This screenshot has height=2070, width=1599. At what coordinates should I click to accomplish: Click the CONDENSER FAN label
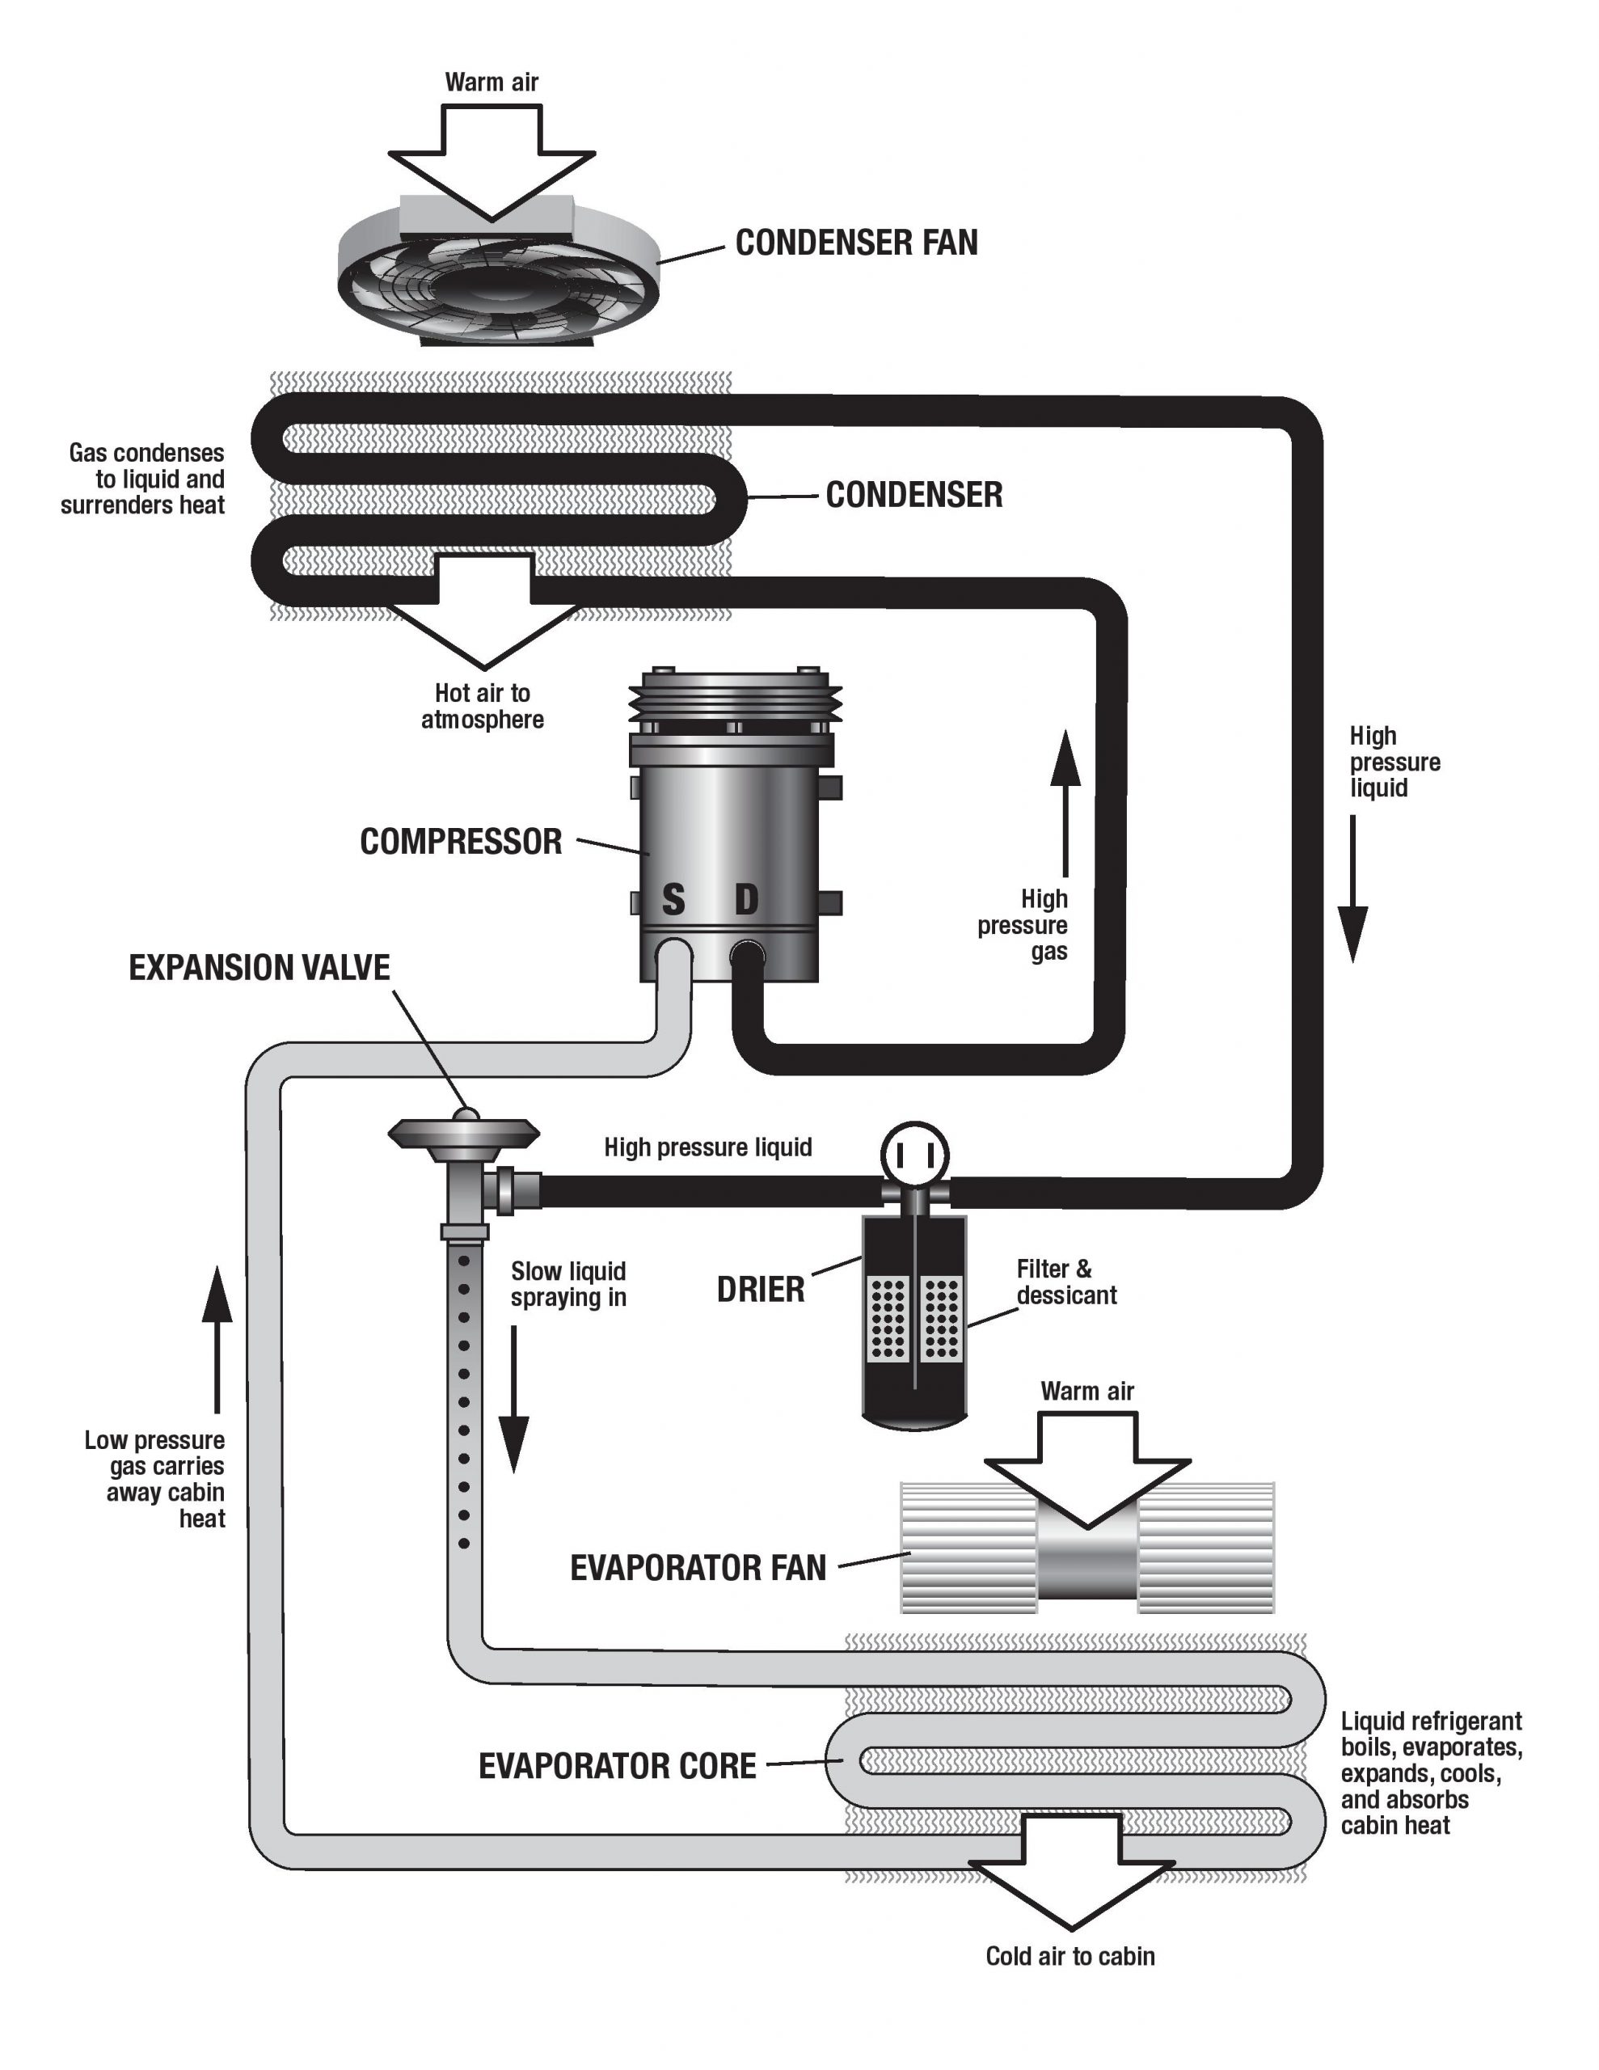click(x=856, y=243)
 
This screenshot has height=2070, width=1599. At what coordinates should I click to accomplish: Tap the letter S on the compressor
click(x=672, y=898)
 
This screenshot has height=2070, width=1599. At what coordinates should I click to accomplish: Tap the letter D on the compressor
click(x=747, y=898)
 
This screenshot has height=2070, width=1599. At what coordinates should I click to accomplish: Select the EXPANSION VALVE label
click(x=259, y=968)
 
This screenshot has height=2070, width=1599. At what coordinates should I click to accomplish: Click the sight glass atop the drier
click(x=913, y=1155)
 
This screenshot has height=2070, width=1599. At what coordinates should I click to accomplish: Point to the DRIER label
click(x=760, y=1290)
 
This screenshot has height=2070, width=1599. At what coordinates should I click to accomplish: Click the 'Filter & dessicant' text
click(x=1065, y=1282)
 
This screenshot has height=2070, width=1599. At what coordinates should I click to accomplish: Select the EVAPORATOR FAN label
click(x=698, y=1568)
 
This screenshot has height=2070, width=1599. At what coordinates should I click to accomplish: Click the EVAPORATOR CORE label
click(x=617, y=1766)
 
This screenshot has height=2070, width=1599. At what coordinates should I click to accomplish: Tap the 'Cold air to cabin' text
click(x=1070, y=1955)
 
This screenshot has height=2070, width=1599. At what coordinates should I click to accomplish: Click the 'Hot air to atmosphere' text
click(x=483, y=706)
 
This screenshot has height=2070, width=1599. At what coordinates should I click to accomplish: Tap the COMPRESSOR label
click(x=461, y=842)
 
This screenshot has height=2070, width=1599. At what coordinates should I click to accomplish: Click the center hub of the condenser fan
click(x=493, y=290)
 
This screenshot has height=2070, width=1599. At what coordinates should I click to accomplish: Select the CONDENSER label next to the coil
click(x=913, y=495)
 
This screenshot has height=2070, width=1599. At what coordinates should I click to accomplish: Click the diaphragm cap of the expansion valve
click(x=463, y=1130)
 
